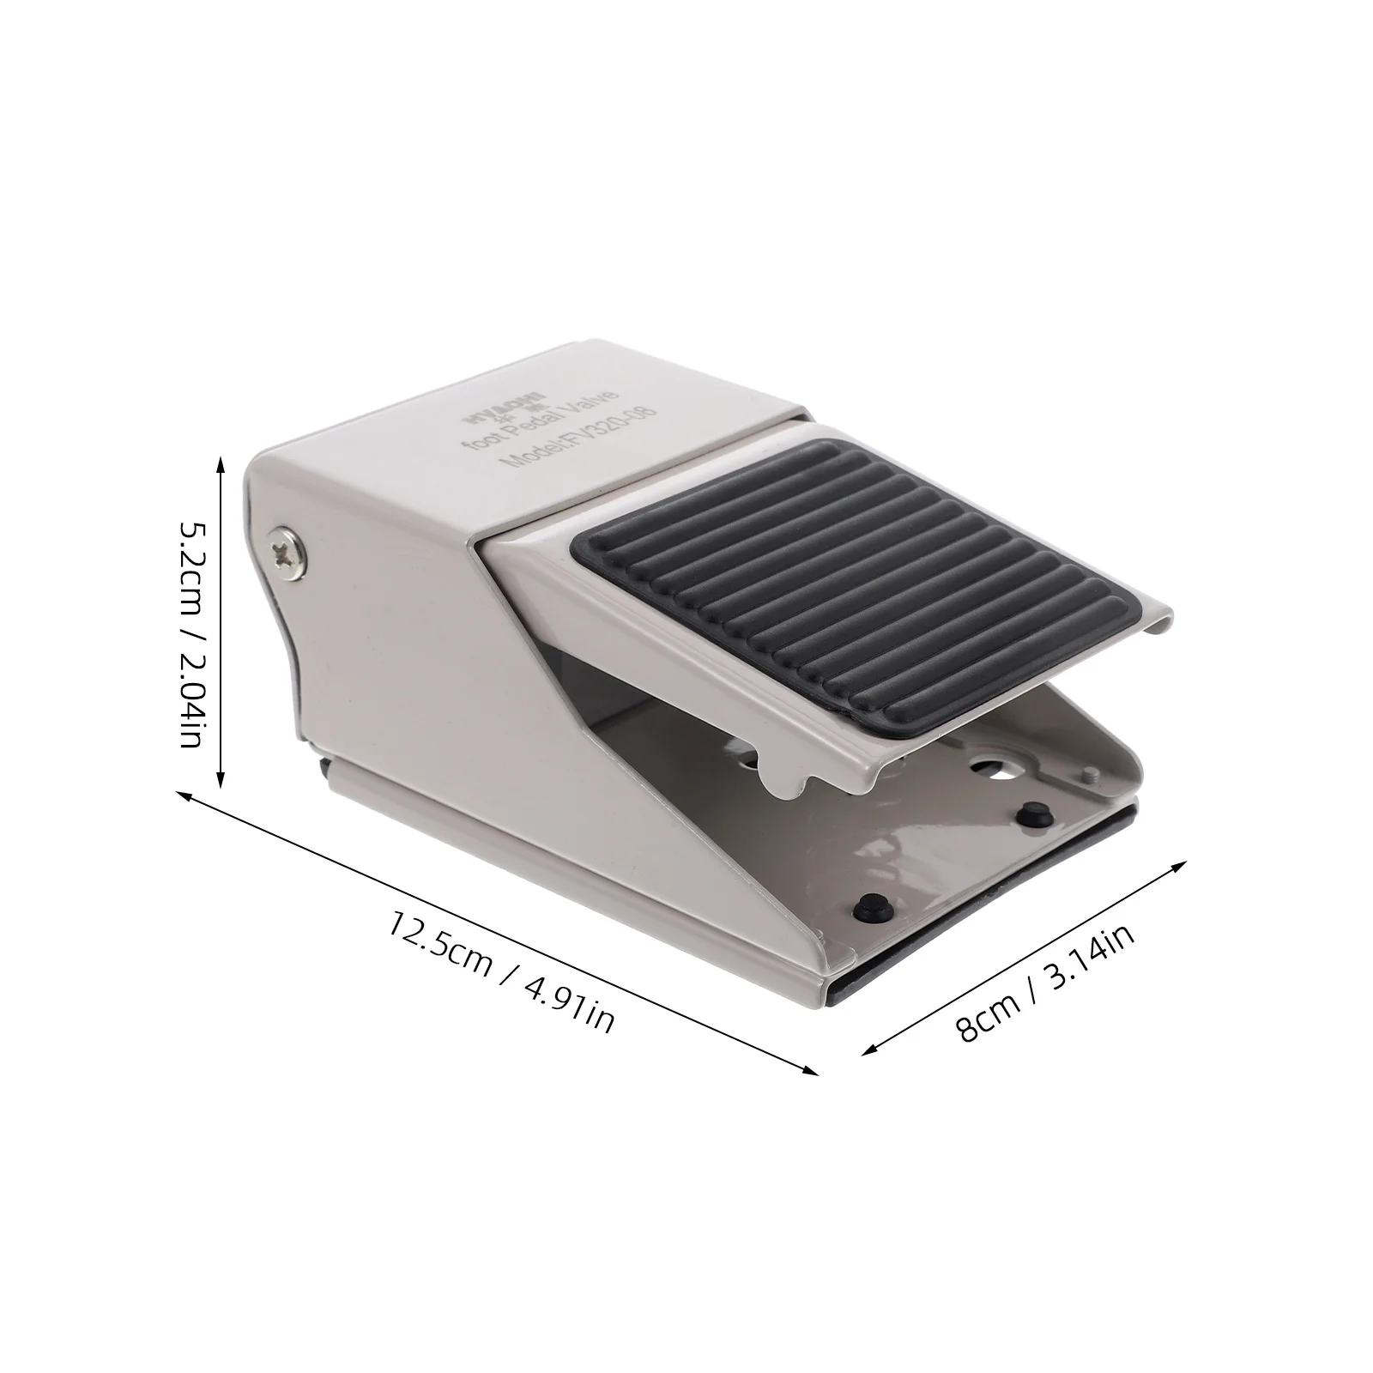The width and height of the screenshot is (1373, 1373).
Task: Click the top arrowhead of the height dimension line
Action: (x=221, y=464)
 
